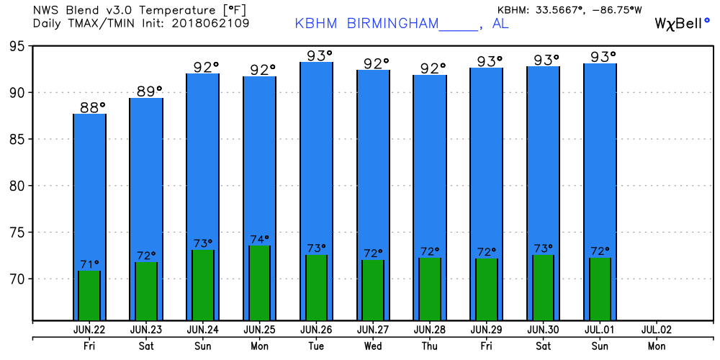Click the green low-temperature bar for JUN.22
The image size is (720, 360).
point(89,295)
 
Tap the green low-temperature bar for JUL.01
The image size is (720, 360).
point(600,289)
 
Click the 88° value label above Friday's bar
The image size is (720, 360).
point(91,107)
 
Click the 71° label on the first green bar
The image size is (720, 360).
point(89,264)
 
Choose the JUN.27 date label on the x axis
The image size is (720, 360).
point(373,330)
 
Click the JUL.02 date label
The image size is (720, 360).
point(656,330)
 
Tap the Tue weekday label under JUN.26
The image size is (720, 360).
point(316,346)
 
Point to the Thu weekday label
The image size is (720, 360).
point(430,346)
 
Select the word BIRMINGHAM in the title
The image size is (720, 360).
point(392,23)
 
